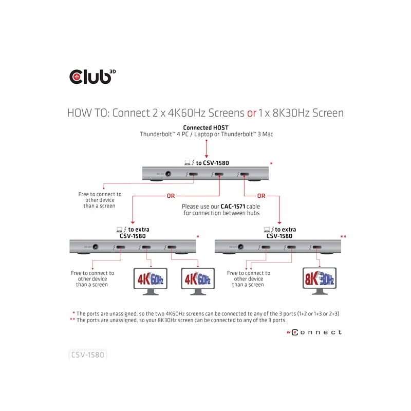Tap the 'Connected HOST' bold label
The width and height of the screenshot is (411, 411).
206,127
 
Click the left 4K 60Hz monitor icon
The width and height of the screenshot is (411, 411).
151,281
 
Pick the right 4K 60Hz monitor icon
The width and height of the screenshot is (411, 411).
197,281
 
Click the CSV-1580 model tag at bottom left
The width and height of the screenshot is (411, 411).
87,354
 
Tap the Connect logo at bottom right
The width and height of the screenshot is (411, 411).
313,332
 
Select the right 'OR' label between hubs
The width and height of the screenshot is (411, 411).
261,196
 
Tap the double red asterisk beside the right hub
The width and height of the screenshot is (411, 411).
344,236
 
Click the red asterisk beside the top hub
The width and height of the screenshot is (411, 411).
271,164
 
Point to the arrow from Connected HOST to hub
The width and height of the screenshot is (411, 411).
206,148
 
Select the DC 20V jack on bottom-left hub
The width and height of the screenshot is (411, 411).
95,247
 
